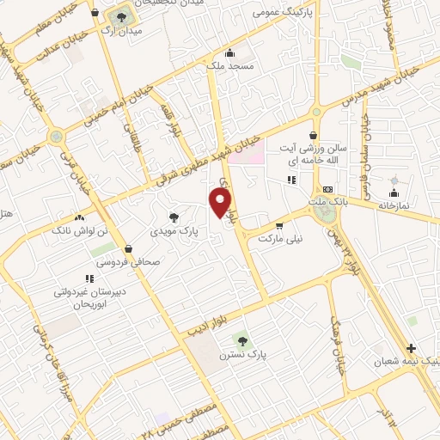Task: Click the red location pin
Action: pos(221,203)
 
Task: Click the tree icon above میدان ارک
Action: pos(119,16)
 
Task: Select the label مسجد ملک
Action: pos(227,65)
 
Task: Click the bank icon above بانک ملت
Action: pos(327,189)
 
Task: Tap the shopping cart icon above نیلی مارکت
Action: pos(278,225)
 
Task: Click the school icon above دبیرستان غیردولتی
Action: pos(89,278)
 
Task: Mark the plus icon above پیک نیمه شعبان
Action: pos(411,348)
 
